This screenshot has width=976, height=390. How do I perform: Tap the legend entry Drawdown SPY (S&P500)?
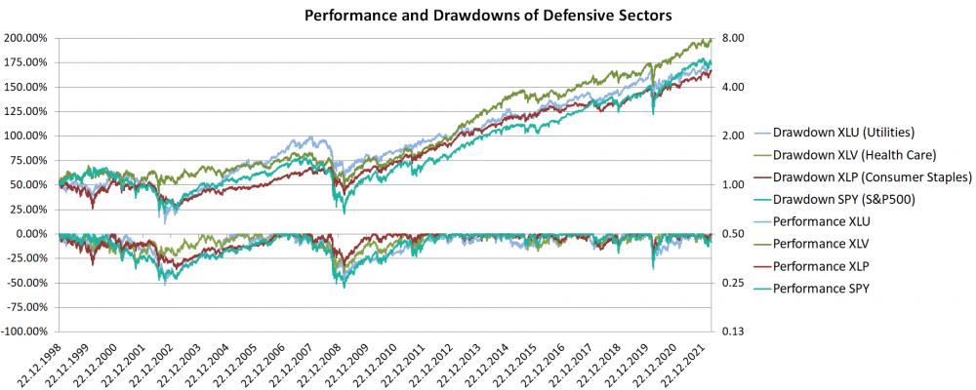pos(845,200)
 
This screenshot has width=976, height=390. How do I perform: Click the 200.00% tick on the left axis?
pos(29,38)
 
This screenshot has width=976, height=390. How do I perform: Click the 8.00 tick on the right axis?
pos(733,38)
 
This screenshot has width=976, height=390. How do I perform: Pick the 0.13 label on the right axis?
pos(733,331)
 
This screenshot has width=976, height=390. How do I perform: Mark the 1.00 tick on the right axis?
pos(733,185)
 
